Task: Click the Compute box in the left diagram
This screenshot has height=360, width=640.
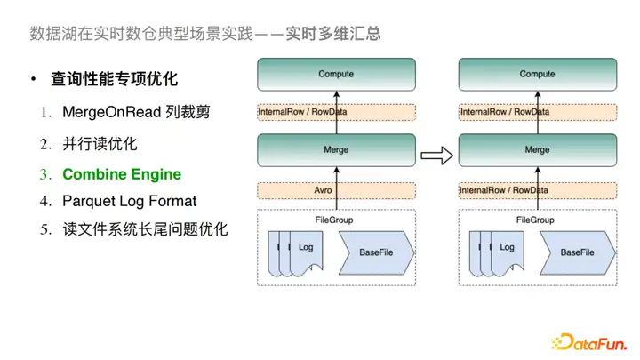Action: (x=336, y=75)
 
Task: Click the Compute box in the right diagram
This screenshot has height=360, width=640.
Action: (x=537, y=75)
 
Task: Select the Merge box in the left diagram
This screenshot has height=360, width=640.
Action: (x=336, y=150)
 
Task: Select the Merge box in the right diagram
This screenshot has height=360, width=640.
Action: (x=537, y=150)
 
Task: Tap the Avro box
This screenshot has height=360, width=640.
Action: (x=336, y=190)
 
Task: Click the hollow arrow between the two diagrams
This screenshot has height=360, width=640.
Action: (x=436, y=156)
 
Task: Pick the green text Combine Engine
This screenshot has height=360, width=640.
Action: (x=122, y=174)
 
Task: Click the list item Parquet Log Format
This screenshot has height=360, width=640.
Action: (x=129, y=201)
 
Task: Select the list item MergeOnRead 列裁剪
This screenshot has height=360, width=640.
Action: (x=135, y=113)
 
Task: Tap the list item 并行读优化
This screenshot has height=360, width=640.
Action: (x=100, y=143)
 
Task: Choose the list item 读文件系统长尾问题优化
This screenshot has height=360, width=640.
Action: (x=145, y=228)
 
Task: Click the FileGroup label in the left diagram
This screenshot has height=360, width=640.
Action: (x=336, y=219)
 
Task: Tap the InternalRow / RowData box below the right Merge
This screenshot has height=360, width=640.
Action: (x=537, y=190)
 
